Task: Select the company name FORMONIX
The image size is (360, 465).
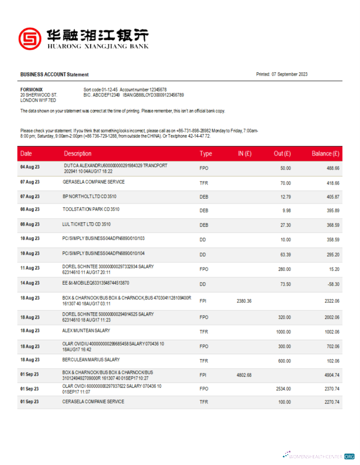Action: coord(31,89)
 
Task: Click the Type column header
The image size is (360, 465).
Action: coord(206,153)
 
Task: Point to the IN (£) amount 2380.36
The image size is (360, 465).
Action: coord(244,301)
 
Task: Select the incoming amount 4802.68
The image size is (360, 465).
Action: coord(244,375)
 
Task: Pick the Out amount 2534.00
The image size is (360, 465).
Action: coord(283,388)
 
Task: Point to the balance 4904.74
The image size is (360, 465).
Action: coord(331,375)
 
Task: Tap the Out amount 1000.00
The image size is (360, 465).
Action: coord(283,333)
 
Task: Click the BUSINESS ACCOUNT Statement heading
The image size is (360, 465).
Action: coord(54,74)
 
